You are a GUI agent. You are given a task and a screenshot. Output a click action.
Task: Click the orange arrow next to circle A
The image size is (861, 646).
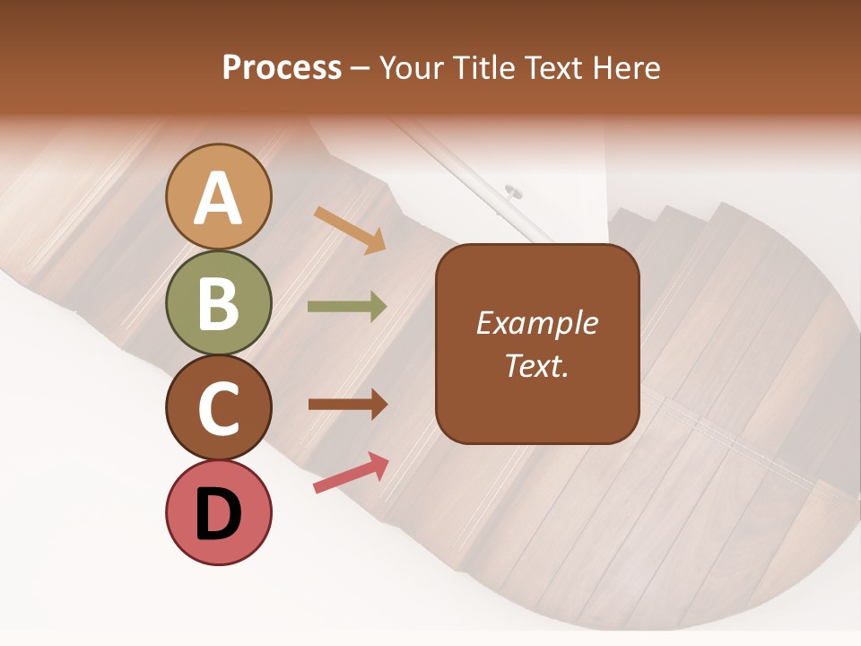tap(351, 229)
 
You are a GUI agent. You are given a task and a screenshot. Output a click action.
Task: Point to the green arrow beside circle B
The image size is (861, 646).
tap(347, 307)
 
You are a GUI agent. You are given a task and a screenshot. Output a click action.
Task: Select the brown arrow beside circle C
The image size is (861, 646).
tap(347, 405)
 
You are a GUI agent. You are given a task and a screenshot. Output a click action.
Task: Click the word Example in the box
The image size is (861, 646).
tap(537, 323)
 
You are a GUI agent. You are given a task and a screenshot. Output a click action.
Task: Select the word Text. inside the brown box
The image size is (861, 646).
tap(537, 365)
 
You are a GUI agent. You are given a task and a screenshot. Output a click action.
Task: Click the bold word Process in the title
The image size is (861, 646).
tap(282, 67)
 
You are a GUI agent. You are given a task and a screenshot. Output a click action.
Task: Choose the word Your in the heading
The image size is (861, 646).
tap(408, 67)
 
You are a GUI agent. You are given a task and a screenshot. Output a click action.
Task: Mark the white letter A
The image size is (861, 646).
tap(219, 198)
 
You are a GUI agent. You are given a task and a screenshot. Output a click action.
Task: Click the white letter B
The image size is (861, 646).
tap(219, 304)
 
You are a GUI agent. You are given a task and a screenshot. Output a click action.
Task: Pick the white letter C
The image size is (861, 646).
tap(219, 408)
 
